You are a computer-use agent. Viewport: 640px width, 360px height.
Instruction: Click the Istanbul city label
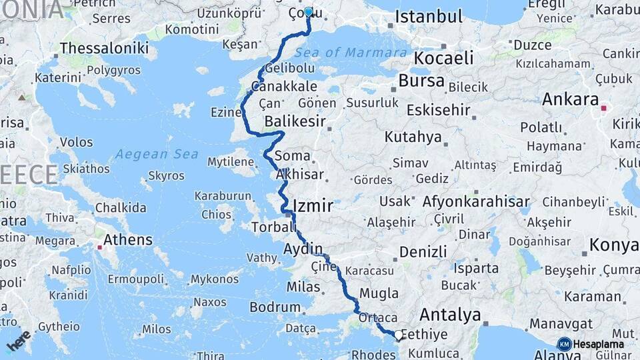pos(429,17)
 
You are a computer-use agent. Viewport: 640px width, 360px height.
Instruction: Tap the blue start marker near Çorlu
pos(308,11)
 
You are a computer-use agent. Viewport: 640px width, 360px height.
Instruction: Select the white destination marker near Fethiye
pos(399,335)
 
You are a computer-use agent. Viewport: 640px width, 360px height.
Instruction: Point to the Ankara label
pos(570,99)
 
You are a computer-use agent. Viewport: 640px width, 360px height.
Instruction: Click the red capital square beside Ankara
pos(604,107)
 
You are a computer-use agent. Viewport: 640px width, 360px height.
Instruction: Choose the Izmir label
pos(313,206)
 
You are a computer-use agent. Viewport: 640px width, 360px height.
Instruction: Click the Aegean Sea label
pos(157,154)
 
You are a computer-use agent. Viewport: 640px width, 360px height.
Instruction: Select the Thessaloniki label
pos(104,48)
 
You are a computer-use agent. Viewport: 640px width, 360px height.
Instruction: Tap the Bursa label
pos(421,81)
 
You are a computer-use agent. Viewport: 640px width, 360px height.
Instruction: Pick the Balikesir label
pos(295,121)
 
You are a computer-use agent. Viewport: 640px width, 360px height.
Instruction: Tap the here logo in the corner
pos(19,341)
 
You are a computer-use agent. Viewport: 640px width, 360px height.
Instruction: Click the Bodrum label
pos(275,307)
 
